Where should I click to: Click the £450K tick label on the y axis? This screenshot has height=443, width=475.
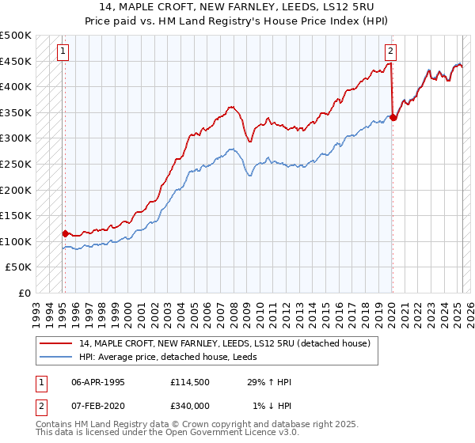tap(16, 61)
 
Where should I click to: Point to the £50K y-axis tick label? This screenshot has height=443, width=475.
tap(19, 267)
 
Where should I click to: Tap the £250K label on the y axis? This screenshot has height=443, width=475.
tap(16, 164)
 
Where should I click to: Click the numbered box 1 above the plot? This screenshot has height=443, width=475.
tap(63, 52)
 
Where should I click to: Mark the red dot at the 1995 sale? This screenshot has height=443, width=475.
tap(65, 233)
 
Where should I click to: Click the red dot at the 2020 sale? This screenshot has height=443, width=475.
tap(393, 118)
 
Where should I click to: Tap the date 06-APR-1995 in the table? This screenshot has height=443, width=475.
tap(98, 382)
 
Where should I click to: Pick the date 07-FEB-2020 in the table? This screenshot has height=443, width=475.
tap(98, 406)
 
